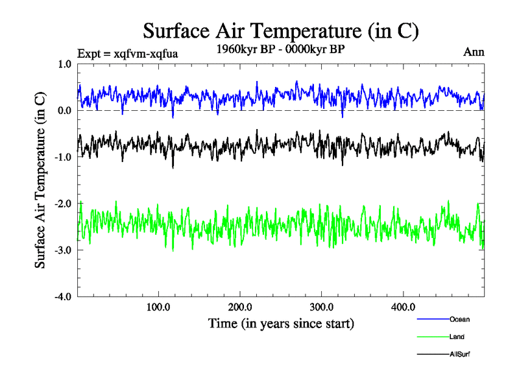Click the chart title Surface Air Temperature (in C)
tap(280, 30)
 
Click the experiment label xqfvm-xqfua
tap(127, 53)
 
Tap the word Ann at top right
tap(474, 52)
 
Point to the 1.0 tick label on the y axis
tap(65, 64)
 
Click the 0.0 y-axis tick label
tap(65, 111)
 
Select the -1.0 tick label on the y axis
tap(63, 157)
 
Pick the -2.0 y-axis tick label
tap(63, 204)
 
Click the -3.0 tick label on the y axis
tap(63, 250)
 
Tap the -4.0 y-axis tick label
tap(63, 297)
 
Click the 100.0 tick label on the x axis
tap(158, 307)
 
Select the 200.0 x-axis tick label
tap(240, 307)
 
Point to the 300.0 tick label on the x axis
tap(322, 307)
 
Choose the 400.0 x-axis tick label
tap(404, 307)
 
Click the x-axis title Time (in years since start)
tap(280, 323)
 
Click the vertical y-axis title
tap(40, 180)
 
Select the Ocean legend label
tap(459, 319)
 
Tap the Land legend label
tap(457, 336)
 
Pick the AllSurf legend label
tap(459, 354)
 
